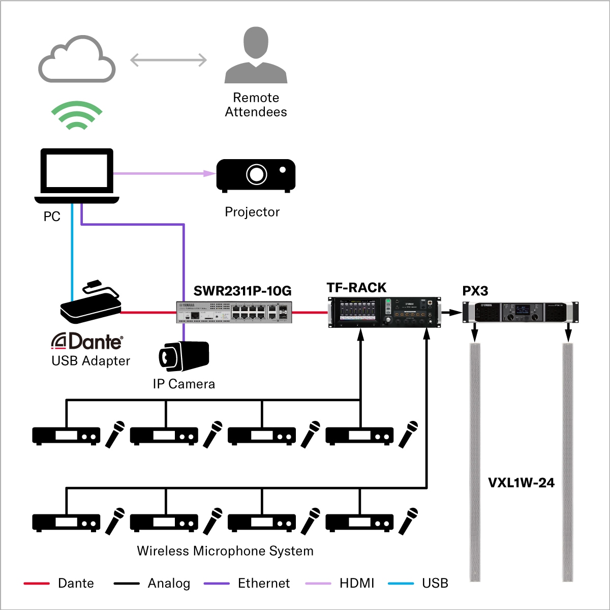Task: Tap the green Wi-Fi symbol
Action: coord(77,115)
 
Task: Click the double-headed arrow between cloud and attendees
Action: coord(169,60)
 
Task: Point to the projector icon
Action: coord(256,176)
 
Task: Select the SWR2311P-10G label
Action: coord(242,291)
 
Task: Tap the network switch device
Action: coord(234,312)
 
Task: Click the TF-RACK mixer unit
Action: coord(384,312)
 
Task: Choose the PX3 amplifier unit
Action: coord(521,312)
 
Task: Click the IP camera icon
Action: coord(184,355)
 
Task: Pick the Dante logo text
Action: coord(87,342)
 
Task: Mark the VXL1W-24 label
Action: coord(521,483)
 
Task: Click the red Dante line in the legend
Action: coord(37,584)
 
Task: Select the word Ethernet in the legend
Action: coord(264,583)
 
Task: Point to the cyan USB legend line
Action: coord(401,584)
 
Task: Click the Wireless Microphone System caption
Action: coord(225,551)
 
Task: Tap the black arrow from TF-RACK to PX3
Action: coord(451,312)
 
